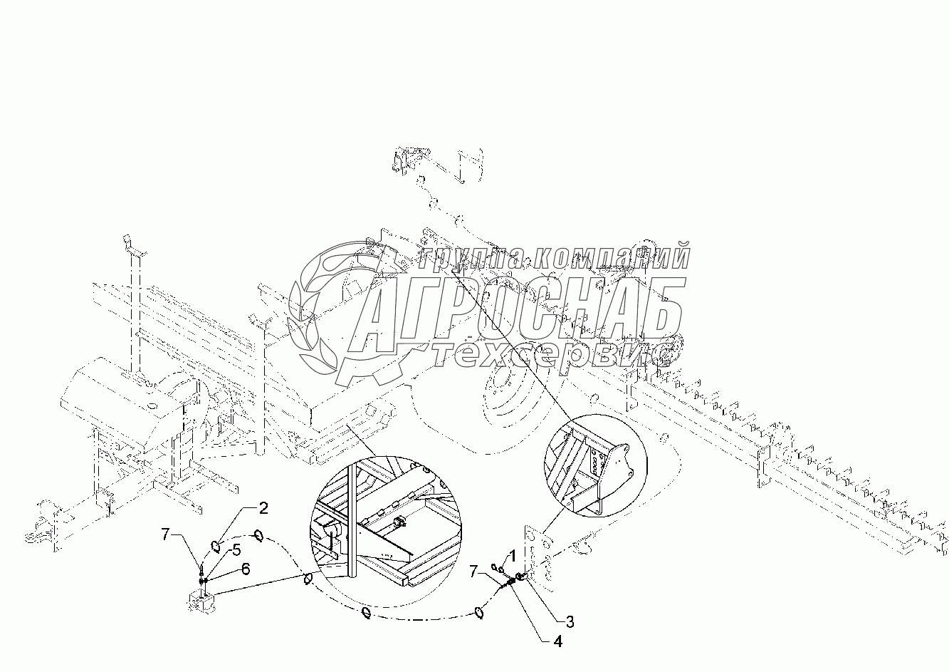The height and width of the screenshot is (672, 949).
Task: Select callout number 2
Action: pyautogui.click(x=263, y=508)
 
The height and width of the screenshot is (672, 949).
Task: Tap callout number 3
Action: pyautogui.click(x=570, y=622)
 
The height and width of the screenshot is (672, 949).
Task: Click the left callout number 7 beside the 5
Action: pyautogui.click(x=167, y=534)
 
